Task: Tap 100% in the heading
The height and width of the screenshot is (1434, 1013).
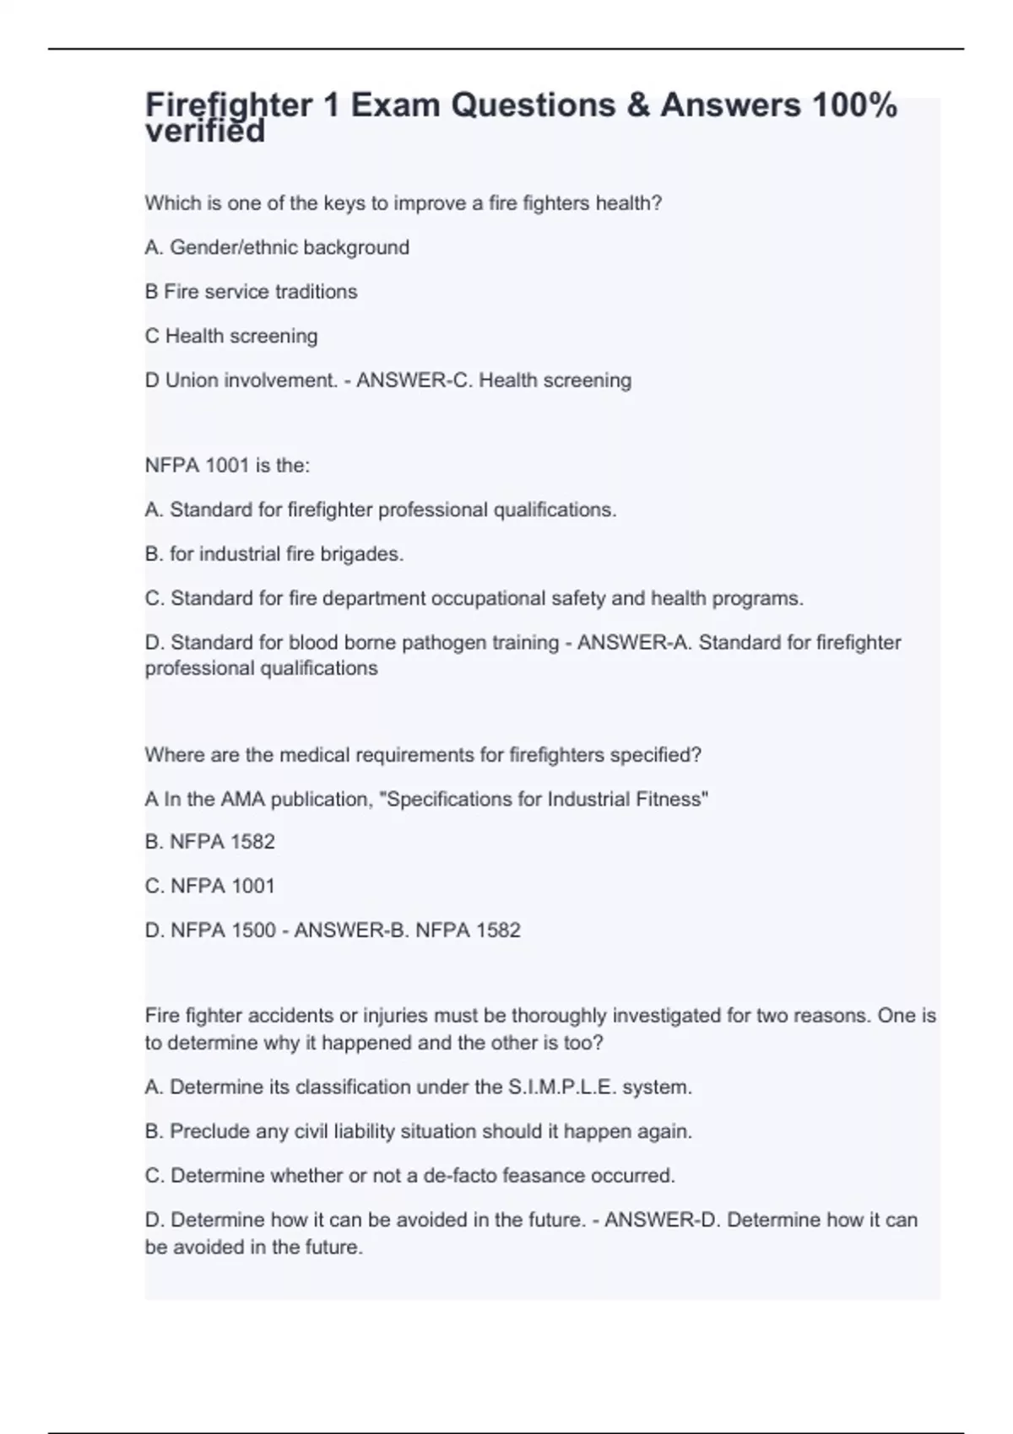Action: point(853,105)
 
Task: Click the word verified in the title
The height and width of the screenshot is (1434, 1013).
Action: point(205,132)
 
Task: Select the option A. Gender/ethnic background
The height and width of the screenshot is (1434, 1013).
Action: point(277,247)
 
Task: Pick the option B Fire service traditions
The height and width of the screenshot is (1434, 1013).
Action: point(251,292)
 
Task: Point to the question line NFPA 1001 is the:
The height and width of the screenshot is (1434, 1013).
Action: point(227,466)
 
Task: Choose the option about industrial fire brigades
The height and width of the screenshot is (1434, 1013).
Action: point(274,554)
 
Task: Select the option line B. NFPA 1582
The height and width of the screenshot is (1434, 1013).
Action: point(210,842)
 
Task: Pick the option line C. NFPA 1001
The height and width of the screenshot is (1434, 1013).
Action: point(210,886)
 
